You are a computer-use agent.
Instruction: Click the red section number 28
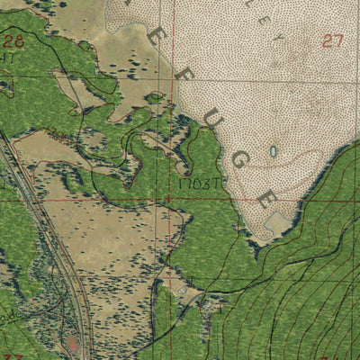tap(13, 40)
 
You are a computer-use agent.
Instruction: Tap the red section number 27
tap(332, 40)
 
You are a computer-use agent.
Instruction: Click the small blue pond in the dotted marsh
tap(273, 151)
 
